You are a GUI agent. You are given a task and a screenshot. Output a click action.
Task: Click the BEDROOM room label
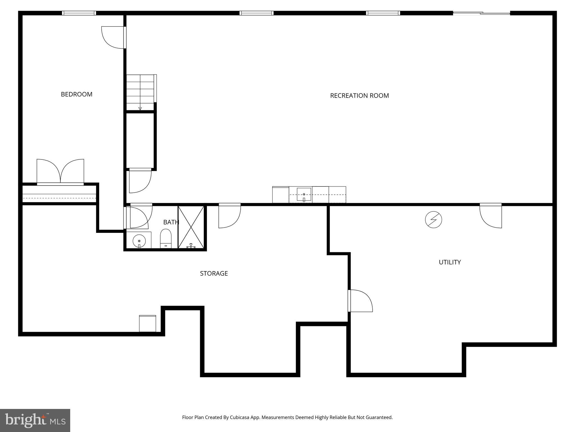(x=76, y=94)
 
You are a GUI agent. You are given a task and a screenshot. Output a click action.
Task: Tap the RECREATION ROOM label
(x=359, y=96)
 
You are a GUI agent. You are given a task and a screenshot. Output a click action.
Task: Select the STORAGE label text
(x=214, y=273)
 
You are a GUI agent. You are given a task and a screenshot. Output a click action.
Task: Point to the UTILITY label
(x=449, y=262)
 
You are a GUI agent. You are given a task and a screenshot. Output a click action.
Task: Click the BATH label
(x=171, y=222)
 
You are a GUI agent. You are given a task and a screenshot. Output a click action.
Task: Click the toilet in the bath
(x=166, y=238)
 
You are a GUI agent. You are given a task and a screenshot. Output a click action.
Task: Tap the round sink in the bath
(x=139, y=241)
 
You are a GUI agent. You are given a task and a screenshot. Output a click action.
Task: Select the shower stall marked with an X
(x=191, y=227)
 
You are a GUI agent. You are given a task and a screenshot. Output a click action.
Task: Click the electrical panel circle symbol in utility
(x=433, y=220)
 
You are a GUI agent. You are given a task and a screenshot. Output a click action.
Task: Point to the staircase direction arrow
(x=140, y=108)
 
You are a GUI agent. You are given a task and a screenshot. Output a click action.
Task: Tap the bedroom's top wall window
(x=79, y=13)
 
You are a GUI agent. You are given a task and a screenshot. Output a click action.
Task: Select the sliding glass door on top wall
(x=481, y=13)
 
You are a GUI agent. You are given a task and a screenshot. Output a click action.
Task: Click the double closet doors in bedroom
(x=60, y=172)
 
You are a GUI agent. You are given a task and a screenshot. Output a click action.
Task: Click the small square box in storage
(x=147, y=323)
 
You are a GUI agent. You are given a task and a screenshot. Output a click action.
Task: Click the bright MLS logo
(x=35, y=420)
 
